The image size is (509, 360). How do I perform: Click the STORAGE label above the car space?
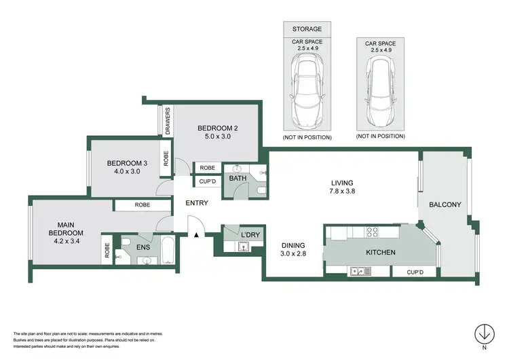tap(307, 29)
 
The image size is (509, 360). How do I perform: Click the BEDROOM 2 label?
tap(217, 128)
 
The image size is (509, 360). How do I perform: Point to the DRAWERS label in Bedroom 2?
tap(167, 122)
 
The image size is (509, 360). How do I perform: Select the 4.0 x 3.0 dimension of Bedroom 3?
tap(127, 173)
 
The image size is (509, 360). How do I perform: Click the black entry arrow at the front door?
tap(196, 234)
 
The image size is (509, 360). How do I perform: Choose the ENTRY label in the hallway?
tap(196, 203)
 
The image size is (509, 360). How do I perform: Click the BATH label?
tap(237, 179)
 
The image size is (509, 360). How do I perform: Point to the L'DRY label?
tap(251, 235)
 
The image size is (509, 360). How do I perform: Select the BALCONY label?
tap(445, 204)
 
